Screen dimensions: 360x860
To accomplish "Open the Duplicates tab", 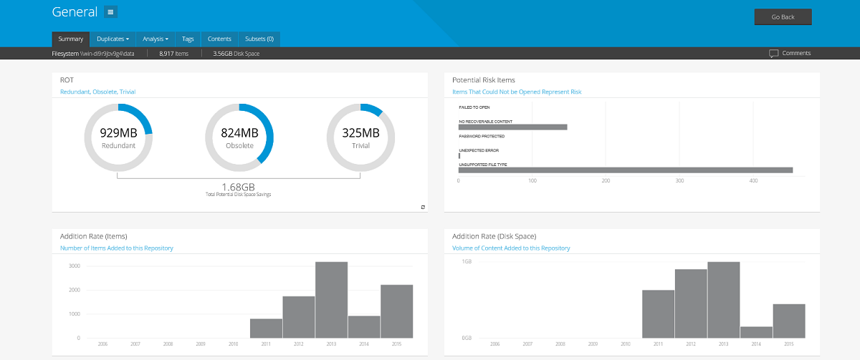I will tap(113, 39).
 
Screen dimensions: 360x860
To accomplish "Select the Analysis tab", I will tap(156, 39).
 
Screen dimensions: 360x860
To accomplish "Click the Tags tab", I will tap(188, 39).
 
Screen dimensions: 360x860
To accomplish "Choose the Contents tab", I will tap(219, 39).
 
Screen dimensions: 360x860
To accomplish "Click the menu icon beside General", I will tap(110, 12).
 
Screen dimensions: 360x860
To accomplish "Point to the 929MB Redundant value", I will tap(118, 133).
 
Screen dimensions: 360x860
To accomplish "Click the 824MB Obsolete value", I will tap(239, 133).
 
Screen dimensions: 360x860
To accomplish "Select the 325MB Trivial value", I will tap(360, 133).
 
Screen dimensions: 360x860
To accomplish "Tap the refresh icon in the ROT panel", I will tap(423, 207).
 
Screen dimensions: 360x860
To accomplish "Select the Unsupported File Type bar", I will tap(625, 170).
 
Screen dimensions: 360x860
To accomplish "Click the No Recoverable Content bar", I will tap(512, 127).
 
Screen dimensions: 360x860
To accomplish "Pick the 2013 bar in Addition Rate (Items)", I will tap(331, 299).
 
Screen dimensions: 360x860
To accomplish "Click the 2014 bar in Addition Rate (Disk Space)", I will tap(756, 332).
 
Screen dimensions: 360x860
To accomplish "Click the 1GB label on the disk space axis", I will tap(466, 262).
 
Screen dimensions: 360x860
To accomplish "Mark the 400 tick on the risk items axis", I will tap(754, 180).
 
